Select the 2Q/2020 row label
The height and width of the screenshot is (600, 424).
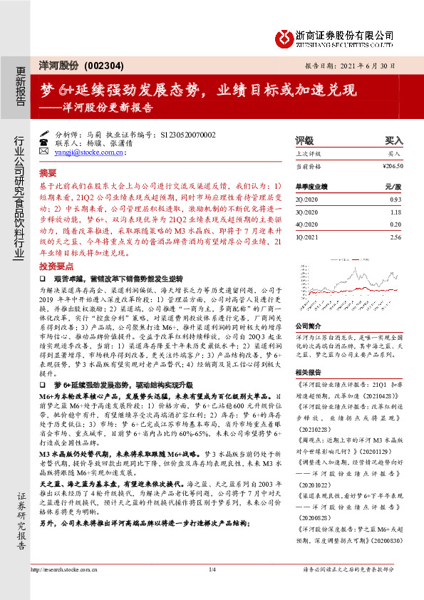(306, 198)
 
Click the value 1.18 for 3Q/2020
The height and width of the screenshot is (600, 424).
(395, 211)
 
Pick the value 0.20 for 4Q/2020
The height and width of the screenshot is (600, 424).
(395, 223)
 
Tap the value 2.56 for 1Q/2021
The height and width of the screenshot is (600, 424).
(395, 236)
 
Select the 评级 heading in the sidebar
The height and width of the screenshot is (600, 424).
(304, 141)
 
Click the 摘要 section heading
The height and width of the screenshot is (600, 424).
(47, 172)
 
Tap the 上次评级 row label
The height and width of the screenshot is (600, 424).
(308, 154)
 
